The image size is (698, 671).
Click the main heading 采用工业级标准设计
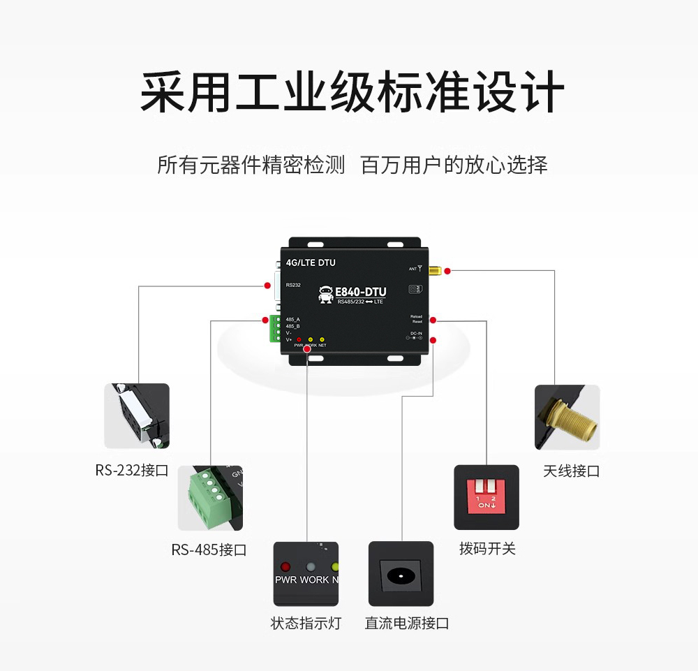351,93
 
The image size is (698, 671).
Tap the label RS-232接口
132,471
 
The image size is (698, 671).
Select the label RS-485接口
209,550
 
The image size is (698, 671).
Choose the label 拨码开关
487,549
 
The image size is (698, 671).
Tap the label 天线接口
571,471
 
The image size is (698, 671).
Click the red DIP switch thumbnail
487,497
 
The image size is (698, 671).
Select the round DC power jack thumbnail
401,574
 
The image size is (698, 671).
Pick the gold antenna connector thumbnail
567,417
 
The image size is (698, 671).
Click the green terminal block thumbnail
210,498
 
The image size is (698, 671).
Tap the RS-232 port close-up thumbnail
137,415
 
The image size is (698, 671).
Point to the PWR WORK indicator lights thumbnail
306,573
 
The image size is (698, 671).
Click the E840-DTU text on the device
361,292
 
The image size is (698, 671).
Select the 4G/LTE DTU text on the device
311,263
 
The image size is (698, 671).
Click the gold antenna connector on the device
434,270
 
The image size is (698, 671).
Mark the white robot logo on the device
326,295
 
